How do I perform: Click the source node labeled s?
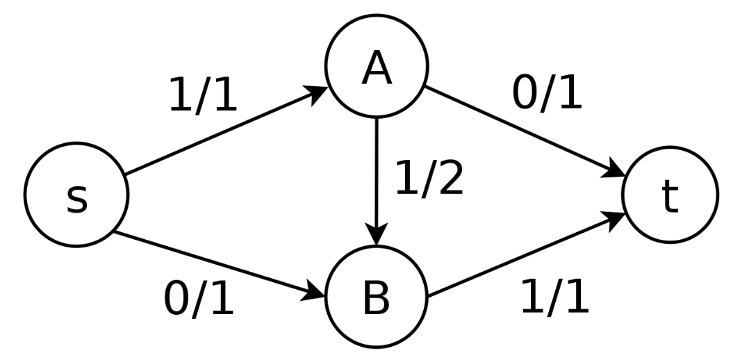click(76, 195)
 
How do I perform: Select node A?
click(377, 67)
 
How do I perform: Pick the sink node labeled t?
click(670, 195)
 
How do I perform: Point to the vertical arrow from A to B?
click(376, 174)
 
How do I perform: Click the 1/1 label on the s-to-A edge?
click(203, 96)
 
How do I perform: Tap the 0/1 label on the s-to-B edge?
click(199, 300)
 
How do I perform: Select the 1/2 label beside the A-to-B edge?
click(429, 179)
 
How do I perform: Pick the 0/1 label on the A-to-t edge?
click(547, 93)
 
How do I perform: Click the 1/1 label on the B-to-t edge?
click(554, 297)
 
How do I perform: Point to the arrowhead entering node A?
click(319, 92)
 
